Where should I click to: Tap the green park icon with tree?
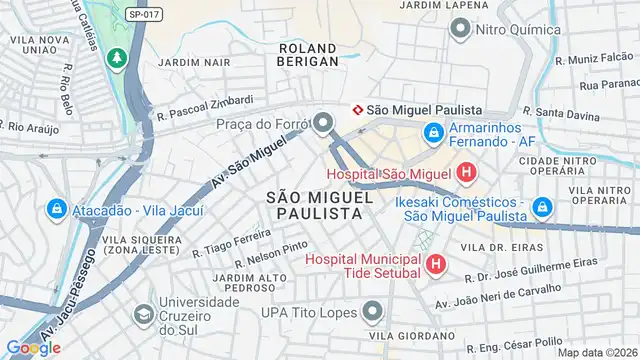(x=118, y=59)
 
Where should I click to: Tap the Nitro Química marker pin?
(x=459, y=29)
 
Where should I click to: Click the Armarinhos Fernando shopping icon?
(x=433, y=132)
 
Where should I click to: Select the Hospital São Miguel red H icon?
(x=465, y=175)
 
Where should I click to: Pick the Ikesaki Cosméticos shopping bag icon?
(x=542, y=208)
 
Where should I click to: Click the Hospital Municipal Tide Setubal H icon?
(x=435, y=264)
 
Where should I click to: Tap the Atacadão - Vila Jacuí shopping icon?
(x=57, y=210)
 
